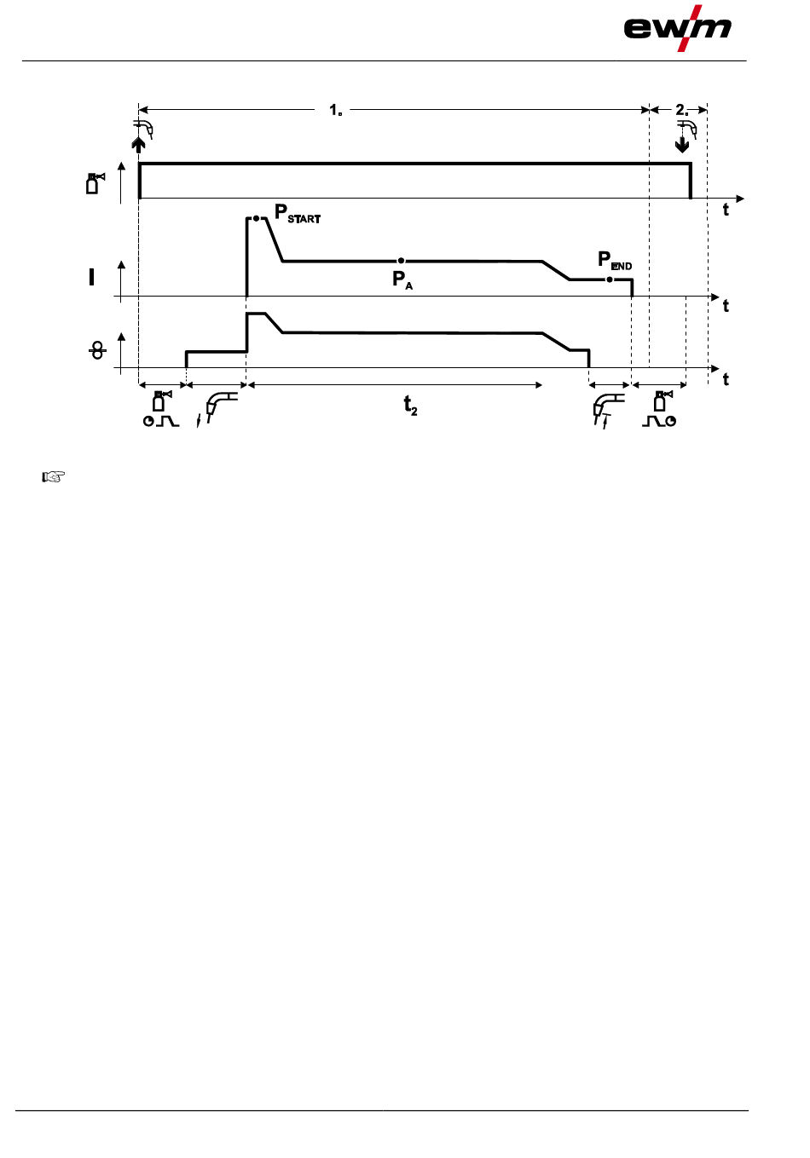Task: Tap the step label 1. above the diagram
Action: point(336,110)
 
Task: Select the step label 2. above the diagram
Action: point(682,110)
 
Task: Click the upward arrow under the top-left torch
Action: point(139,144)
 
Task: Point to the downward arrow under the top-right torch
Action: point(681,144)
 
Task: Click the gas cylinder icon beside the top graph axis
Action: point(95,182)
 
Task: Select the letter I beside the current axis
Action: point(92,276)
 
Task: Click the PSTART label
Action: point(298,213)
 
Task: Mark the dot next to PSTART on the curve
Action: point(256,219)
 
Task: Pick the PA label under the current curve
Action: point(402,279)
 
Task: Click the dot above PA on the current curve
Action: point(401,260)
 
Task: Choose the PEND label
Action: point(615,260)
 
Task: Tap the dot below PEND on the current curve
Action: point(609,279)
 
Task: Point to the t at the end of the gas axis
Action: point(726,210)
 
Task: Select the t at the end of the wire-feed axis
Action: point(726,379)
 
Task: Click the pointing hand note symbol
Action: point(54,477)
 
